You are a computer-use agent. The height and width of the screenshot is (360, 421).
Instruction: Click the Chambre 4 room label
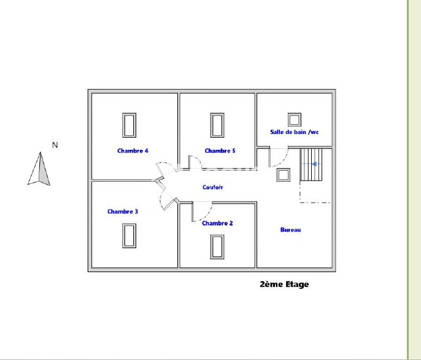133,151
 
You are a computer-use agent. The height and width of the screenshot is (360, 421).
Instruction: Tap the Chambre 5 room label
220,151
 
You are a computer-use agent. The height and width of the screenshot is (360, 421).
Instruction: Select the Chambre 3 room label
123,211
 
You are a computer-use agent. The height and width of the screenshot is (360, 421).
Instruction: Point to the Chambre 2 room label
217,223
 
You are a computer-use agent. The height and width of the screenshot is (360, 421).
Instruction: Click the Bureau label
290,230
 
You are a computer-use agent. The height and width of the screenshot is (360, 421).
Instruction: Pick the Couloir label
212,187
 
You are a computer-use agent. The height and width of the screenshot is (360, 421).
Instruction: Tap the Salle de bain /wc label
295,132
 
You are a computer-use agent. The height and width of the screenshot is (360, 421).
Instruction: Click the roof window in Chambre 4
129,125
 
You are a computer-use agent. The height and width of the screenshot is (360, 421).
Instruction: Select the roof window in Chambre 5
217,125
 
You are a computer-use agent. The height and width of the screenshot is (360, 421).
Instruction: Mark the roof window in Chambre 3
129,235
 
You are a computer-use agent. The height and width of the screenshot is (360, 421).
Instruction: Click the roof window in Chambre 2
217,247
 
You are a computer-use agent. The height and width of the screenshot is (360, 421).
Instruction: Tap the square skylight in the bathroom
295,120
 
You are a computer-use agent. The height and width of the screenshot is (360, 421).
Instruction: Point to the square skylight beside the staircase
284,175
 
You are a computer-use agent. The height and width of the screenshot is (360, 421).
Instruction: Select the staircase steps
311,165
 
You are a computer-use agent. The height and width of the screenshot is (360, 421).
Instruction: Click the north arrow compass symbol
39,169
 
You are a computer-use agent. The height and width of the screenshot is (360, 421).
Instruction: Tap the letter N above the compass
55,145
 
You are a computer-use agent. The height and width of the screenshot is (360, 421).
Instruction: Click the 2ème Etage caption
284,284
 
